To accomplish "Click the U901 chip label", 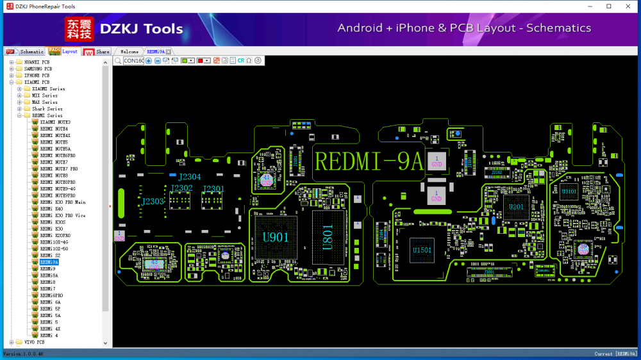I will pyautogui.click(x=276, y=237).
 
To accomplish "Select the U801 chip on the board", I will pyautogui.click(x=327, y=238).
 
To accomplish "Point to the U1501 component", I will pyautogui.click(x=422, y=250).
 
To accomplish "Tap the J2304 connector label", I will pyautogui.click(x=190, y=177).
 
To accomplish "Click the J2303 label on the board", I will pyautogui.click(x=153, y=201).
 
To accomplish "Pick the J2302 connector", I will pyautogui.click(x=181, y=188).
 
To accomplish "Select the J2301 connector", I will pyautogui.click(x=213, y=188).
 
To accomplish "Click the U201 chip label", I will pyautogui.click(x=516, y=207).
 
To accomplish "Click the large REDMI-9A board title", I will pyautogui.click(x=369, y=161).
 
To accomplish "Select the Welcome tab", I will pyautogui.click(x=129, y=51).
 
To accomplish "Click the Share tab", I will pyautogui.click(x=103, y=51).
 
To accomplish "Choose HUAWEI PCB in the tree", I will pyautogui.click(x=37, y=62).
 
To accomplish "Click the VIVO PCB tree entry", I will pyautogui.click(x=34, y=342).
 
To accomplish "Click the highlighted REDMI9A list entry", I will pyautogui.click(x=49, y=262).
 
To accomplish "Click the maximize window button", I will pyautogui.click(x=608, y=6).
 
